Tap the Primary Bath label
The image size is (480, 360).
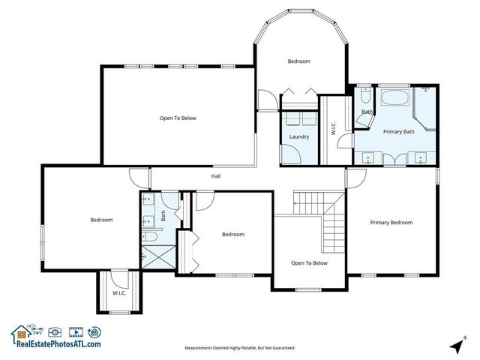pos(398,132)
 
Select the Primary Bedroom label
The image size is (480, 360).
pos(391,223)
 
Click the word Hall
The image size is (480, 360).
pos(215,176)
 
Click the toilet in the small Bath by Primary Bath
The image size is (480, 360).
pos(364,95)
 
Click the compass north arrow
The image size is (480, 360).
pos(456,346)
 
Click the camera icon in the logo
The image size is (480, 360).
pos(54,331)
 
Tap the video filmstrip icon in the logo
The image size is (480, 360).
pos(75,331)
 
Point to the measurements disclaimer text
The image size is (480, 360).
pos(240,348)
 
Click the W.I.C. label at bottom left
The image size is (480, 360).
pos(118,292)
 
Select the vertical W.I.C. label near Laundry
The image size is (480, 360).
pos(334,129)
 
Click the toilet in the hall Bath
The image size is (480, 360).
pos(148,237)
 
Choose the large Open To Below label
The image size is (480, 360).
pos(178,118)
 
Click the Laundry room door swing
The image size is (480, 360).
pos(294,153)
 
